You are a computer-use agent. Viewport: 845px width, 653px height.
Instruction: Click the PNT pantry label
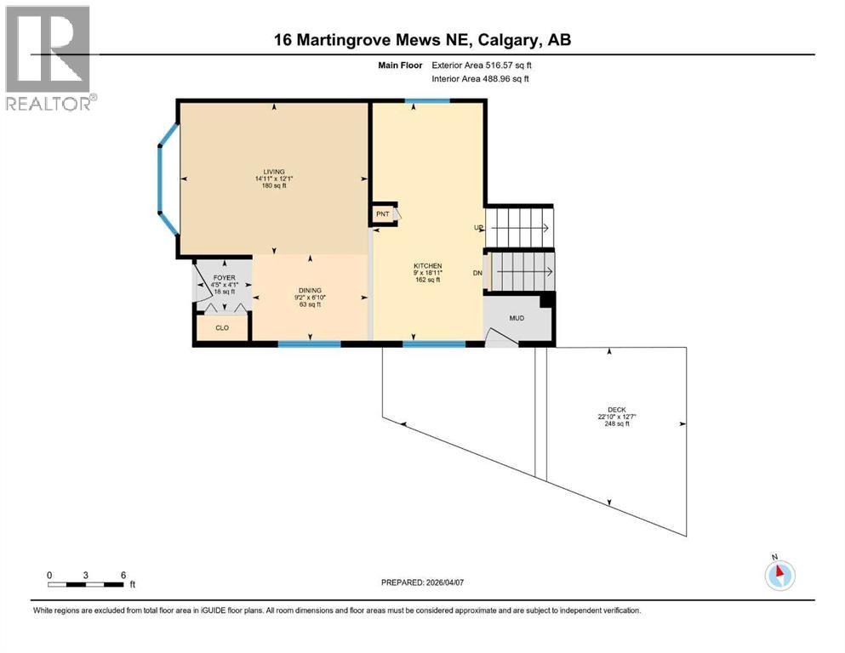[x=383, y=214]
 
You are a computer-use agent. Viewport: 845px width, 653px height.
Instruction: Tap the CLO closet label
[x=221, y=326]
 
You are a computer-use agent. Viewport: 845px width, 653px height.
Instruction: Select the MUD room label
[x=517, y=318]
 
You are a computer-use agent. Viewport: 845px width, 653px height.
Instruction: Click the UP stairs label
[x=479, y=228]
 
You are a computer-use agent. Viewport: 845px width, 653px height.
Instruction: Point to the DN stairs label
[x=478, y=273]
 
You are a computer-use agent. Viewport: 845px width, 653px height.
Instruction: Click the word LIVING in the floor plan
[x=274, y=171]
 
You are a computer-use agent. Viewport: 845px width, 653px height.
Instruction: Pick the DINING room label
[x=310, y=289]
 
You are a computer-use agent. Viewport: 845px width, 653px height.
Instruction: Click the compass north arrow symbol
[x=779, y=575]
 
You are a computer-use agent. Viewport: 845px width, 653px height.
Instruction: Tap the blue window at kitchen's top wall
[x=427, y=101]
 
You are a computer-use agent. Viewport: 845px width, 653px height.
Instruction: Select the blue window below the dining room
[x=310, y=344]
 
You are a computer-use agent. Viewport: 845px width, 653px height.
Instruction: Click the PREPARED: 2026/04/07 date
[x=422, y=582]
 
